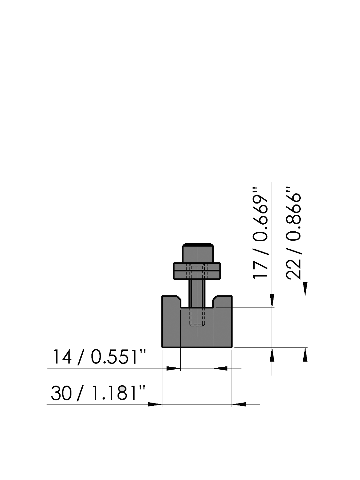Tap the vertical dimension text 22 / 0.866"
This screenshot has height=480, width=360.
[x=294, y=233]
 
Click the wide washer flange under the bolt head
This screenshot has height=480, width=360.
[x=197, y=271]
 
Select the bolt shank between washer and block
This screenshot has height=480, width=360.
[x=197, y=293]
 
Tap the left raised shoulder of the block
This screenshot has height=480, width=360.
[x=171, y=302]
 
